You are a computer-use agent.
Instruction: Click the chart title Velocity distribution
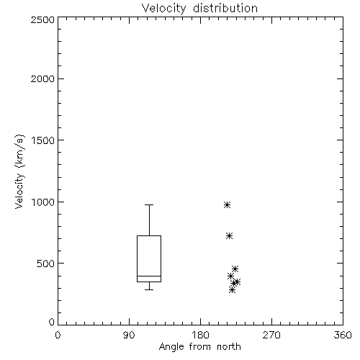tap(199, 9)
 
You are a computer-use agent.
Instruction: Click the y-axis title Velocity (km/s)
tap(19, 171)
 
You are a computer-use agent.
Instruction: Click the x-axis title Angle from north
tap(199, 346)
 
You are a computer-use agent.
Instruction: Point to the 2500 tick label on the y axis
tap(42, 19)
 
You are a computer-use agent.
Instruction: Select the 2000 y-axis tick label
tap(42, 78)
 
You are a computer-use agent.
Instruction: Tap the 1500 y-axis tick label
tap(43, 140)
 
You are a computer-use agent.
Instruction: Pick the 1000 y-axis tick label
tap(43, 202)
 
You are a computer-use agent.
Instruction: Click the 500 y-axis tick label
tap(46, 264)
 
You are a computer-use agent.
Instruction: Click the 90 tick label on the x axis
tap(129, 335)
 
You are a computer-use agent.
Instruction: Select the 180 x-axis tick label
tap(200, 335)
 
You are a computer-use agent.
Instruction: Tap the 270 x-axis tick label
tap(271, 335)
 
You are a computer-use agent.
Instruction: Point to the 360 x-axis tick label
tap(343, 335)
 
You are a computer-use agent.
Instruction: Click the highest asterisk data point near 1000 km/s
tap(227, 205)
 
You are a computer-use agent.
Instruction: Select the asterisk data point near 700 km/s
tap(229, 236)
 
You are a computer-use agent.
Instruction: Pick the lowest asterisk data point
tap(232, 290)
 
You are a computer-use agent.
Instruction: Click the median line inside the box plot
tap(149, 276)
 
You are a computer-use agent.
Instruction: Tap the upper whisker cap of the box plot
tap(149, 204)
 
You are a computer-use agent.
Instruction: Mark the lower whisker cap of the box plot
tap(149, 289)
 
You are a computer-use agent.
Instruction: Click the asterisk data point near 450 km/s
tap(235, 269)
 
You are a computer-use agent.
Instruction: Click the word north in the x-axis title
tap(229, 346)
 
